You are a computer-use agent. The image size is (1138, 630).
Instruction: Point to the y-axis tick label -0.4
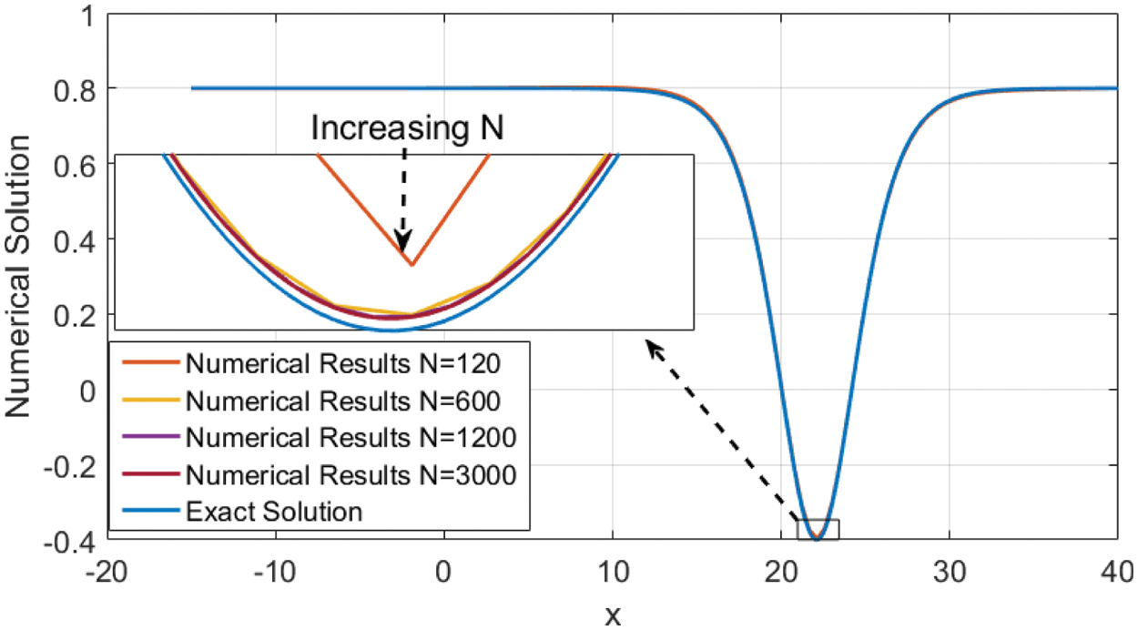pyautogui.click(x=69, y=541)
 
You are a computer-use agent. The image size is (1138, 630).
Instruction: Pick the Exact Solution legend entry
pyautogui.click(x=273, y=512)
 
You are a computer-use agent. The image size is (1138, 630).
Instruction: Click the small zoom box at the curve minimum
pyautogui.click(x=818, y=529)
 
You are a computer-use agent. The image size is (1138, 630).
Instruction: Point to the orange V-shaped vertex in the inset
pyautogui.click(x=412, y=265)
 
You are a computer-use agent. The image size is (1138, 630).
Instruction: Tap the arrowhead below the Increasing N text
pyautogui.click(x=404, y=243)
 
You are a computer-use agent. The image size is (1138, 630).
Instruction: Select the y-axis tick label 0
pyautogui.click(x=87, y=390)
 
